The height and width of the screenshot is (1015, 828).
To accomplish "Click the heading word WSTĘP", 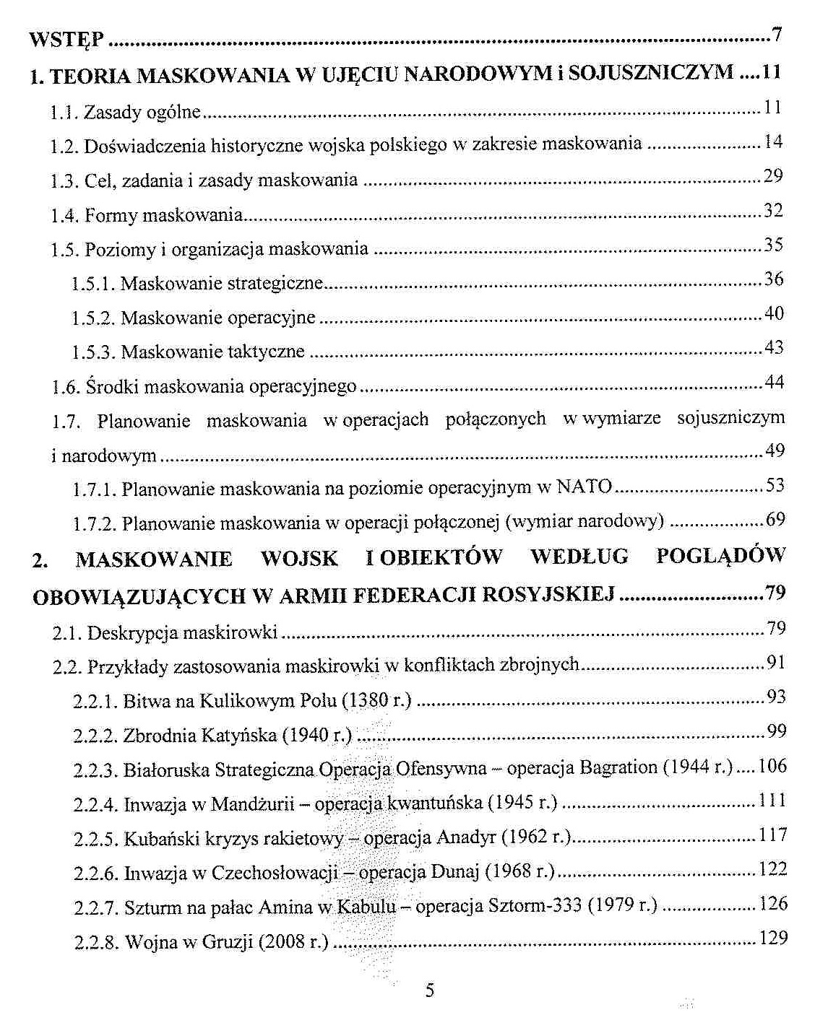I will pyautogui.click(x=67, y=39).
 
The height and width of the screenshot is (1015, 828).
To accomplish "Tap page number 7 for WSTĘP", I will pyautogui.click(x=777, y=34).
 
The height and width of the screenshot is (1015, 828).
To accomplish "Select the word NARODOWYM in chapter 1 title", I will pyautogui.click(x=476, y=74).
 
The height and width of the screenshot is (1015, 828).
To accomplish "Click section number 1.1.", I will pyautogui.click(x=64, y=113).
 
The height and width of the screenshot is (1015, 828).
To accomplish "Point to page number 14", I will pyautogui.click(x=773, y=141).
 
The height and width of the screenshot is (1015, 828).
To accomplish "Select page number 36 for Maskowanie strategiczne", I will pyautogui.click(x=774, y=279).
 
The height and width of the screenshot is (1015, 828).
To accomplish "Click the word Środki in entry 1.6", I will pyautogui.click(x=105, y=387).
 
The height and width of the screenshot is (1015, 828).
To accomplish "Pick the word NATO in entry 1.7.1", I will pyautogui.click(x=585, y=487).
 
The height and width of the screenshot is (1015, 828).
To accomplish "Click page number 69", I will pyautogui.click(x=775, y=519).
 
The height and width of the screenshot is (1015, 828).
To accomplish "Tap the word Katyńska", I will pyautogui.click(x=239, y=736).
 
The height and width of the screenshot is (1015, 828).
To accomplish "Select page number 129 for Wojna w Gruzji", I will pyautogui.click(x=772, y=939).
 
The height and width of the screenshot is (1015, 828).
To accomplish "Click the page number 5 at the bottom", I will pyautogui.click(x=430, y=990).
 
